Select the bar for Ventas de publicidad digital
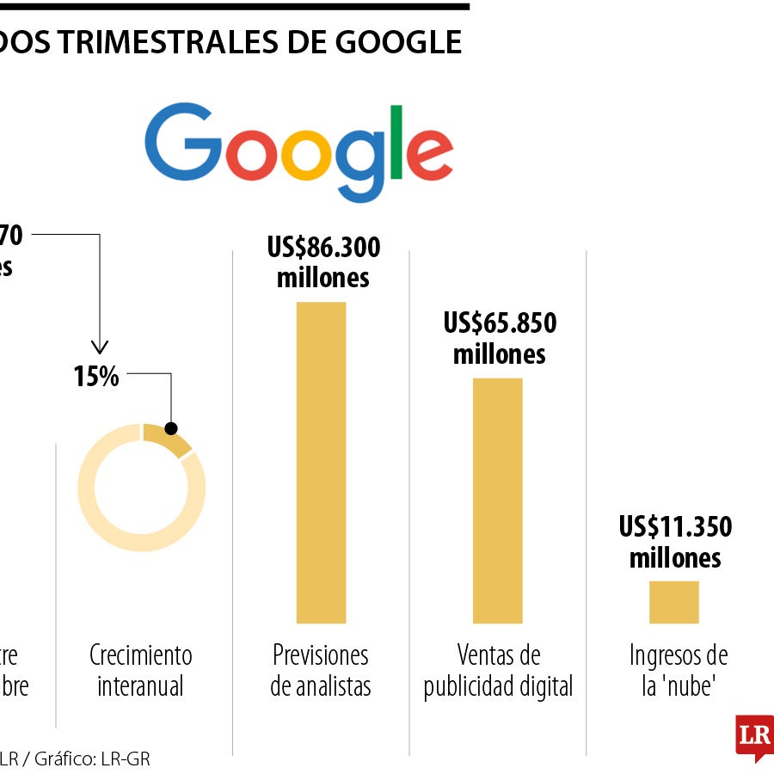pyautogui.click(x=497, y=500)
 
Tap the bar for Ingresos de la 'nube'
pyautogui.click(x=673, y=601)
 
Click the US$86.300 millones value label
pyautogui.click(x=323, y=262)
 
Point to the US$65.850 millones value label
pyautogui.click(x=500, y=338)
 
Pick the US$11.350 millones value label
pyautogui.click(x=675, y=542)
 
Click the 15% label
pyautogui.click(x=96, y=377)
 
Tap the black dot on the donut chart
pyautogui.click(x=170, y=428)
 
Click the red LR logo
pyautogui.click(x=754, y=736)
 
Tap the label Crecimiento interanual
pyautogui.click(x=140, y=671)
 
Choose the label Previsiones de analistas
pyautogui.click(x=321, y=671)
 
